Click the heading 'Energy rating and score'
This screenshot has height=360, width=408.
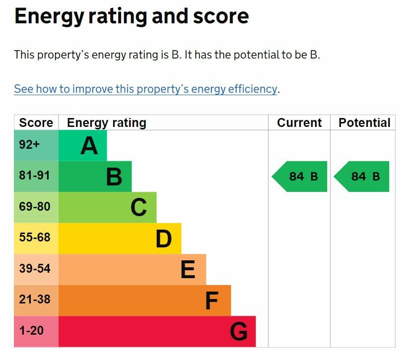[x=132, y=16]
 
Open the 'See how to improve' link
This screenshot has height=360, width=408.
[x=145, y=89]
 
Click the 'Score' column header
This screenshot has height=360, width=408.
[x=36, y=122]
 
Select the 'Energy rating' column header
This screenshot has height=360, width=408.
[x=107, y=122]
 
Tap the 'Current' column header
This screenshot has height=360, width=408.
[x=299, y=122]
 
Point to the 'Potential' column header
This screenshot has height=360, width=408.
[x=364, y=122]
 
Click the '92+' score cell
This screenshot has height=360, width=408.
[x=29, y=145]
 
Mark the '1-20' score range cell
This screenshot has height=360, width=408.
[x=31, y=331]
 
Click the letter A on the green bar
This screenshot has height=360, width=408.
[x=89, y=146]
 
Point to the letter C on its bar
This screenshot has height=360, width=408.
[x=138, y=208]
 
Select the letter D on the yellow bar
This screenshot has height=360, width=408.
[x=163, y=239]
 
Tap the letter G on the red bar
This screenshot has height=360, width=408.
[x=238, y=332]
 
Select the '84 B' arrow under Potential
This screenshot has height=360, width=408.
[x=363, y=177]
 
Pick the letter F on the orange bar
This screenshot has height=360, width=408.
[x=212, y=301]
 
